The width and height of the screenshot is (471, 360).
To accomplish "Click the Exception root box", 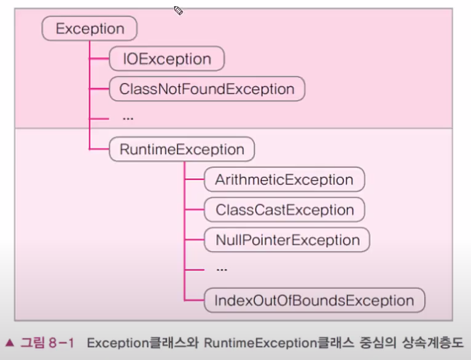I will [x=89, y=28].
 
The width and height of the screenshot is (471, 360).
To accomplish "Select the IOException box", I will [x=166, y=59].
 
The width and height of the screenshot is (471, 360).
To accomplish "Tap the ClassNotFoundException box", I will [x=207, y=89].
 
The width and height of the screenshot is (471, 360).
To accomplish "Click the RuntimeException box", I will [x=182, y=149].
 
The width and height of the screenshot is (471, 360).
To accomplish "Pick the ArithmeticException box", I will [x=284, y=180].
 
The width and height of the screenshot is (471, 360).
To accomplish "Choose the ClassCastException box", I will [x=284, y=210].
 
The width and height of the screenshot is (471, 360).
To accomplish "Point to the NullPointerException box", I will [x=287, y=240].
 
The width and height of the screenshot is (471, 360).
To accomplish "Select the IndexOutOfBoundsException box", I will [x=314, y=300].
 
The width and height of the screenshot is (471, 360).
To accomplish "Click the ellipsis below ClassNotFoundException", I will [x=128, y=117].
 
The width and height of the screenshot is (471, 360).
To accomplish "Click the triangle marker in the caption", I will [x=10, y=343].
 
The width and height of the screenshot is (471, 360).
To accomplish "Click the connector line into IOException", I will [x=99, y=59].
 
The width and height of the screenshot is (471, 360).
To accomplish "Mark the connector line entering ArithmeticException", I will [x=194, y=180].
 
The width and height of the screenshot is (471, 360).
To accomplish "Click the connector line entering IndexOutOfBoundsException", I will [x=194, y=300].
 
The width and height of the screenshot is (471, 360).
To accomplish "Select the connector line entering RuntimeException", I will [x=99, y=149].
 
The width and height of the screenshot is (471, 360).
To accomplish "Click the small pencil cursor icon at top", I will [x=178, y=10].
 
